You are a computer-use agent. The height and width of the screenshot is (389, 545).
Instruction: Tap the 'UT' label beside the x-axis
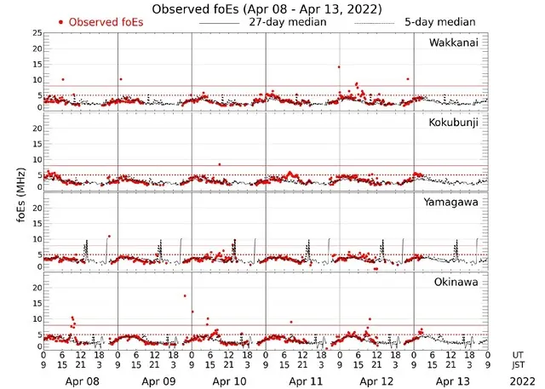(x=519, y=354)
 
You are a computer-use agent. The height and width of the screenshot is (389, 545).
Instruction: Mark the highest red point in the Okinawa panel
(x=184, y=295)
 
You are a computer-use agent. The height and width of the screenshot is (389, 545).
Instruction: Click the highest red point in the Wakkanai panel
(x=339, y=66)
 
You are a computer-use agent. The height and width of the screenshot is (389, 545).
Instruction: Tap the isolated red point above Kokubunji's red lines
(x=220, y=164)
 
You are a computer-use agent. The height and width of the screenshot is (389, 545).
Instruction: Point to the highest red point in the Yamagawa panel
(x=109, y=236)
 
